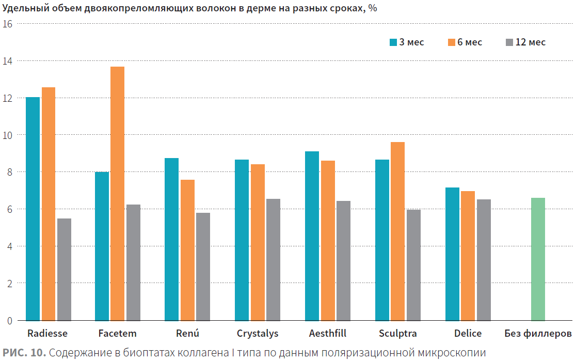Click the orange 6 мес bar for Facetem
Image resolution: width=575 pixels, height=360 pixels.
point(117,194)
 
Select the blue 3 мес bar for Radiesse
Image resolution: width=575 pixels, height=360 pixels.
point(33,209)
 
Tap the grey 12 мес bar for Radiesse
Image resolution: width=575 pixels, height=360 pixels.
point(64,270)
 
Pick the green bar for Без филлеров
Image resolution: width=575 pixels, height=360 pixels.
point(538,259)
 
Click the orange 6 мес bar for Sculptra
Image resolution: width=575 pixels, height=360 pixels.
point(397,231)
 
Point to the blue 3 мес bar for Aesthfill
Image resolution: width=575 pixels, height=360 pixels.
point(312,236)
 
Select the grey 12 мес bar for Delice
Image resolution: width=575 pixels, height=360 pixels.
point(484,260)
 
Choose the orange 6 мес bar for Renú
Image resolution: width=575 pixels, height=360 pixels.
point(187,251)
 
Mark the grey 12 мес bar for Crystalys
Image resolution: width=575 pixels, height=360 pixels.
point(273,260)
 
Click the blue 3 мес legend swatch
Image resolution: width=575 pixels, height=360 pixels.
point(393,42)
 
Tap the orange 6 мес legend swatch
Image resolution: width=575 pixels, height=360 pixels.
point(452,42)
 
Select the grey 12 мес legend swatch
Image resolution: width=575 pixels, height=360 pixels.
point(509,42)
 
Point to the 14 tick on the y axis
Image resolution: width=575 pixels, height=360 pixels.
point(7,61)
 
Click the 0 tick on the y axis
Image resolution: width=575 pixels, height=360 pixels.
point(10,321)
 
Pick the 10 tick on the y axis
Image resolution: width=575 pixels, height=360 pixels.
point(7,135)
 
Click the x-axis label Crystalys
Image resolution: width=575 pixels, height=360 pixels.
point(258,334)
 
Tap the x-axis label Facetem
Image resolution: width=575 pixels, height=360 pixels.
point(117,334)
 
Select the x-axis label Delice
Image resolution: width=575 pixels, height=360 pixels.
point(468,334)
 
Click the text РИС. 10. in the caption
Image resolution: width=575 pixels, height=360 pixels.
point(24,353)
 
